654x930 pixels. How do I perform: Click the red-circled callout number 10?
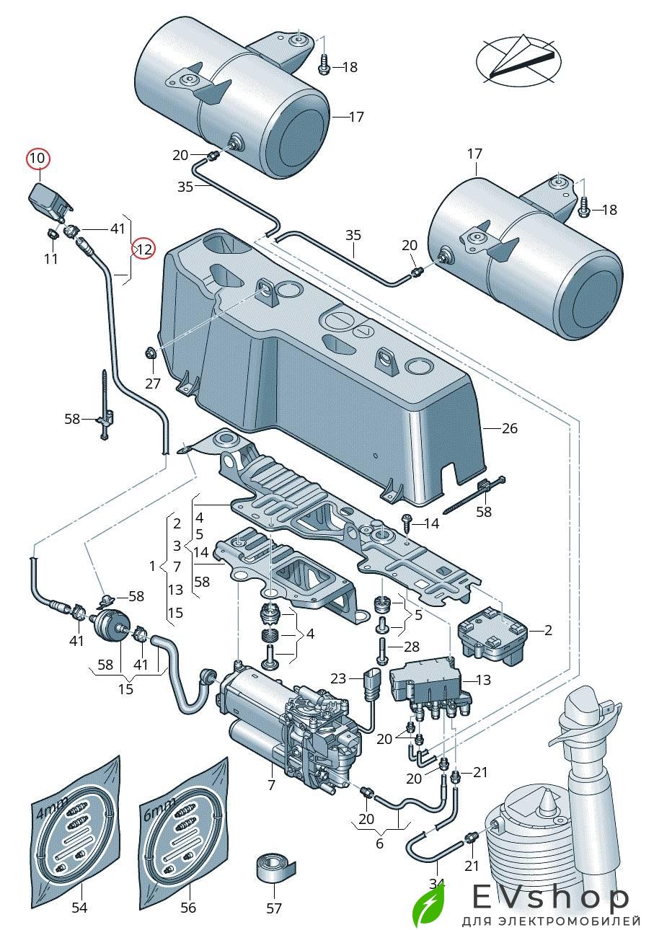point(37,158)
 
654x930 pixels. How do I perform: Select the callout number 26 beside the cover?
point(510,428)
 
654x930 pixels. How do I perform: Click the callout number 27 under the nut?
point(153,383)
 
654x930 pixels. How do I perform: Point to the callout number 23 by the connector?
point(339,678)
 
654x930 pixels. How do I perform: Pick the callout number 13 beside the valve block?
point(483,680)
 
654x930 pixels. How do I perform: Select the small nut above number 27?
point(149,354)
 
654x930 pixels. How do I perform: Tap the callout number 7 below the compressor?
point(272,786)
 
